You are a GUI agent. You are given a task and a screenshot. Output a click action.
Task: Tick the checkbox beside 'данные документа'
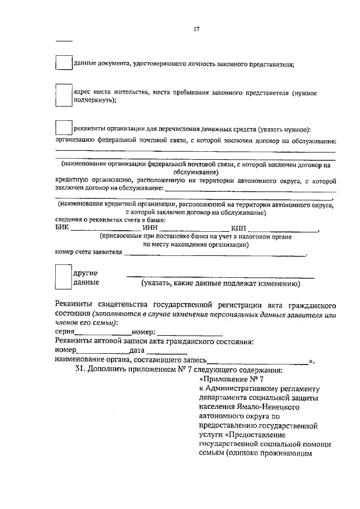click(64, 62)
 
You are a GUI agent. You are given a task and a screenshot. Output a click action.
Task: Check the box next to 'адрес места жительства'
click(64, 94)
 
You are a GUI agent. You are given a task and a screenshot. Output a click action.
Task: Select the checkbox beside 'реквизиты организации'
click(64, 128)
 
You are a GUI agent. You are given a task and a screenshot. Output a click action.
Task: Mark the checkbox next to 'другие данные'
click(64, 277)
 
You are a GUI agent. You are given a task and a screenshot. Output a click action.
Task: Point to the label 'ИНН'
click(150, 228)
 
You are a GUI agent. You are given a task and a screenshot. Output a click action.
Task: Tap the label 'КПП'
click(238, 228)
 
